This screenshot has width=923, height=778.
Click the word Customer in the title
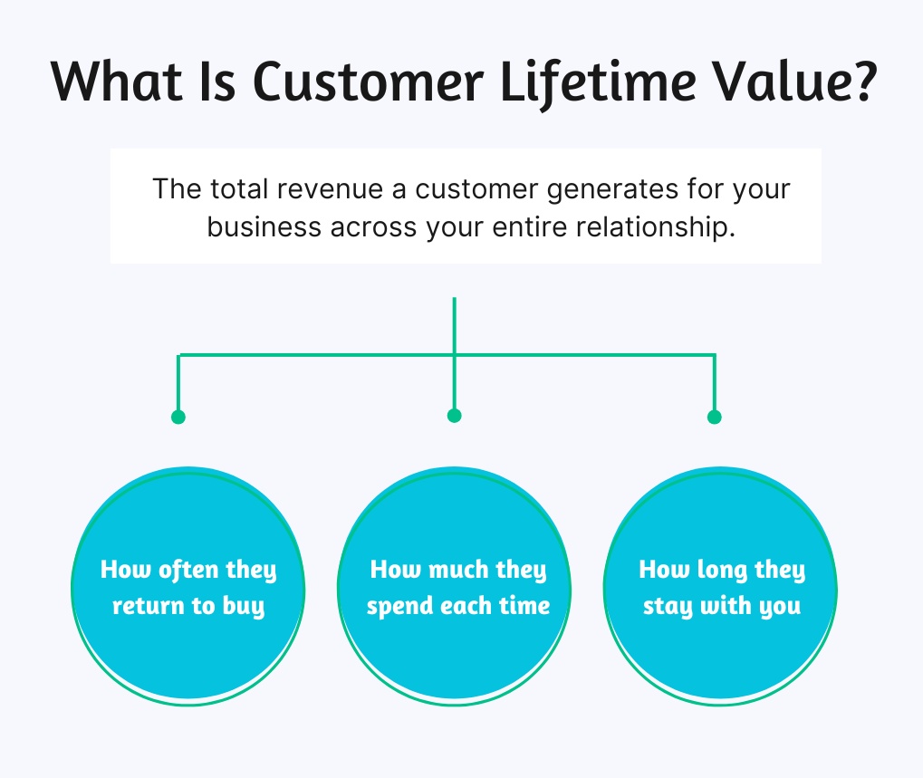[x=369, y=82]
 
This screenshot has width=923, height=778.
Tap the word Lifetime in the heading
[x=598, y=83]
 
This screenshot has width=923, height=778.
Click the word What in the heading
[x=117, y=82]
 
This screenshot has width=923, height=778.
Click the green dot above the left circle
[x=178, y=417]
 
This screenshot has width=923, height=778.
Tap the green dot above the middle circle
[x=455, y=416]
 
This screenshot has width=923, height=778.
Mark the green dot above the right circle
[x=715, y=417]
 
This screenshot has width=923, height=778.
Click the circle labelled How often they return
[x=188, y=586]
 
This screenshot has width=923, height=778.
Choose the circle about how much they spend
[x=455, y=586]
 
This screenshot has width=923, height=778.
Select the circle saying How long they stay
[x=720, y=586]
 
